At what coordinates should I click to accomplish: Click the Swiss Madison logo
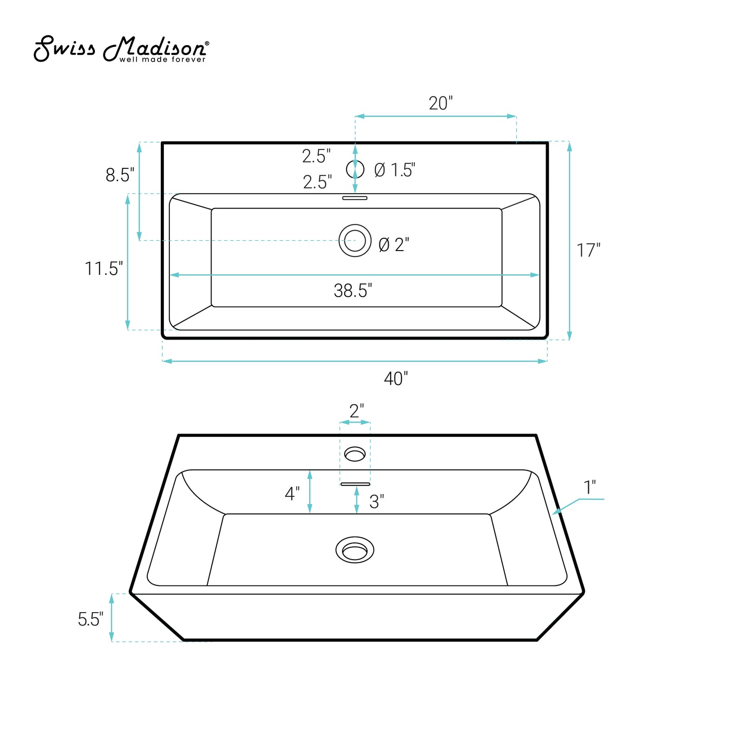[x=121, y=49]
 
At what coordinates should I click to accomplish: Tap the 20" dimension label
[x=441, y=103]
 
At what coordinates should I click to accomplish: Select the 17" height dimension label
[x=588, y=251]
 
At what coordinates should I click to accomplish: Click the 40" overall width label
[x=396, y=379]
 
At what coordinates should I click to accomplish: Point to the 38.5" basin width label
[x=353, y=291]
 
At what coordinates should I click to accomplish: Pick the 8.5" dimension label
[x=120, y=175]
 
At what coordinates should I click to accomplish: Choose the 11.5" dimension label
[x=104, y=269]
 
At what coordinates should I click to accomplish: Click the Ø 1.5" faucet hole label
[x=394, y=170]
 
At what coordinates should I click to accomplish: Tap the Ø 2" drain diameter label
[x=393, y=245]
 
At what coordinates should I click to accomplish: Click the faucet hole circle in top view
[x=355, y=169]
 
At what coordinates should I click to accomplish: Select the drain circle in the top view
[x=355, y=240]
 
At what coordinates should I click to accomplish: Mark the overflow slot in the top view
[x=355, y=198]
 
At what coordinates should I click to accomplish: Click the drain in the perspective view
[x=355, y=550]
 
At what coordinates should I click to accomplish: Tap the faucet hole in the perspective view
[x=355, y=454]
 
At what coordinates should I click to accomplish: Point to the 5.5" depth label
[x=90, y=619]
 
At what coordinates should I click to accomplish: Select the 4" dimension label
[x=292, y=494]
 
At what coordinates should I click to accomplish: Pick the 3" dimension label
[x=376, y=502]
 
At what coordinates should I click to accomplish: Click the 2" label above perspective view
[x=356, y=411]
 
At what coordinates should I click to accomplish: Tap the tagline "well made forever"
[x=162, y=60]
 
